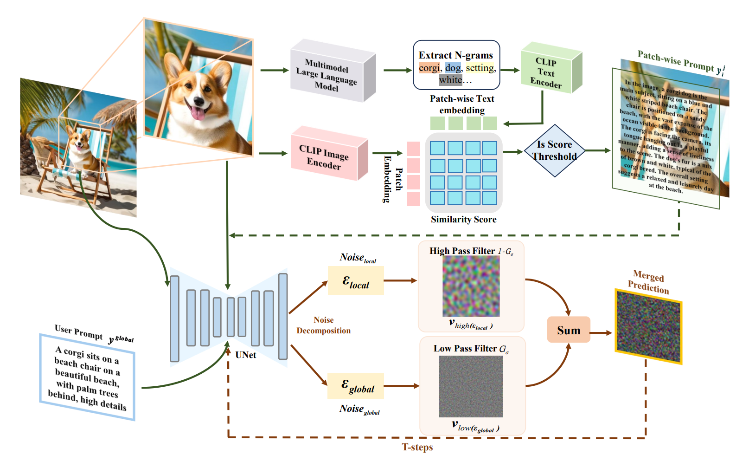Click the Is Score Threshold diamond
coord(554,150)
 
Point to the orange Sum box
coord(569,330)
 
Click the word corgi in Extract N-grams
coord(429,68)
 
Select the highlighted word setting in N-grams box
coord(480,68)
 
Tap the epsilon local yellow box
coord(356,281)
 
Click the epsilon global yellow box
coord(356,386)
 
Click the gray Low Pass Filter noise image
coord(471,386)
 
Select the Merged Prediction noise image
coord(648,326)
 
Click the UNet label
coord(245,355)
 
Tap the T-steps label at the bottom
coord(417,447)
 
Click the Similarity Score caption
coord(463,220)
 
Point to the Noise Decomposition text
coord(323,325)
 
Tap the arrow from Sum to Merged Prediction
coord(601,332)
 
